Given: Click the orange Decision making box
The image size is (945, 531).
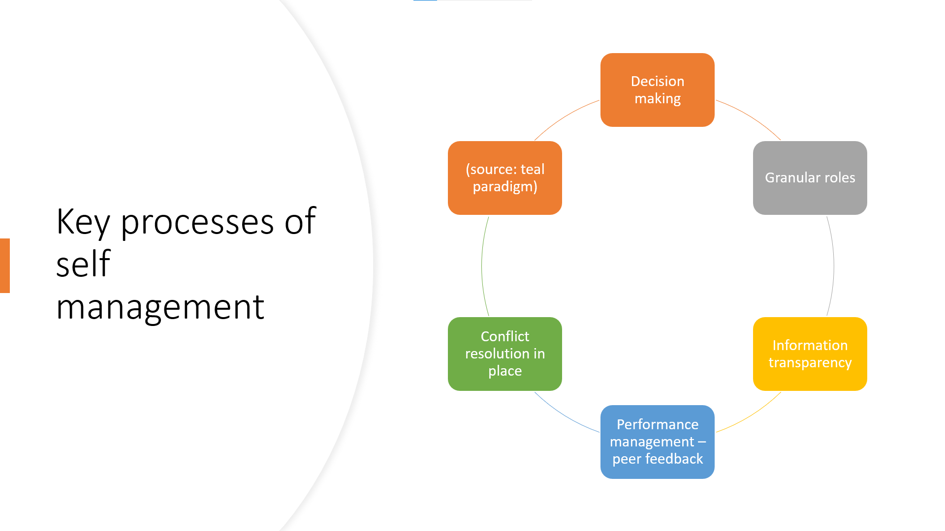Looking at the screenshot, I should (x=657, y=90).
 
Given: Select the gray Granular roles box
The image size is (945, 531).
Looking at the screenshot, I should (x=810, y=177).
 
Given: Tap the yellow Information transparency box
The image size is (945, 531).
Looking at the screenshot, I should (x=810, y=354).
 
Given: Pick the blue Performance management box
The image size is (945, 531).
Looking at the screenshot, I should (x=657, y=442).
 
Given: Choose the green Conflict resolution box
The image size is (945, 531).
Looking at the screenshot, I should (x=504, y=354).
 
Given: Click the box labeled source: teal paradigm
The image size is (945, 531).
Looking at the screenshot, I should (x=504, y=177).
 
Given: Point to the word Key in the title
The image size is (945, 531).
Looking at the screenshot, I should (x=83, y=222).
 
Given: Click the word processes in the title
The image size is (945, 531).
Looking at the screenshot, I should (x=197, y=222).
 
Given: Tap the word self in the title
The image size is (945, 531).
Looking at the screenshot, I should (x=83, y=265).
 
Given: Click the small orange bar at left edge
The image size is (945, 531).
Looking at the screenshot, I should (x=5, y=265).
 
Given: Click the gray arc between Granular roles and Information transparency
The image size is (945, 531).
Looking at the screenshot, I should (x=833, y=265).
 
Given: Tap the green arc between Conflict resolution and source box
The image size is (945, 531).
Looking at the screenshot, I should (x=482, y=265).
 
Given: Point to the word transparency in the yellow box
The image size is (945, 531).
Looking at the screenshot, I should (x=810, y=363).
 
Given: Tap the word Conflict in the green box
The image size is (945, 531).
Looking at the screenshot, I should (x=504, y=336).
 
